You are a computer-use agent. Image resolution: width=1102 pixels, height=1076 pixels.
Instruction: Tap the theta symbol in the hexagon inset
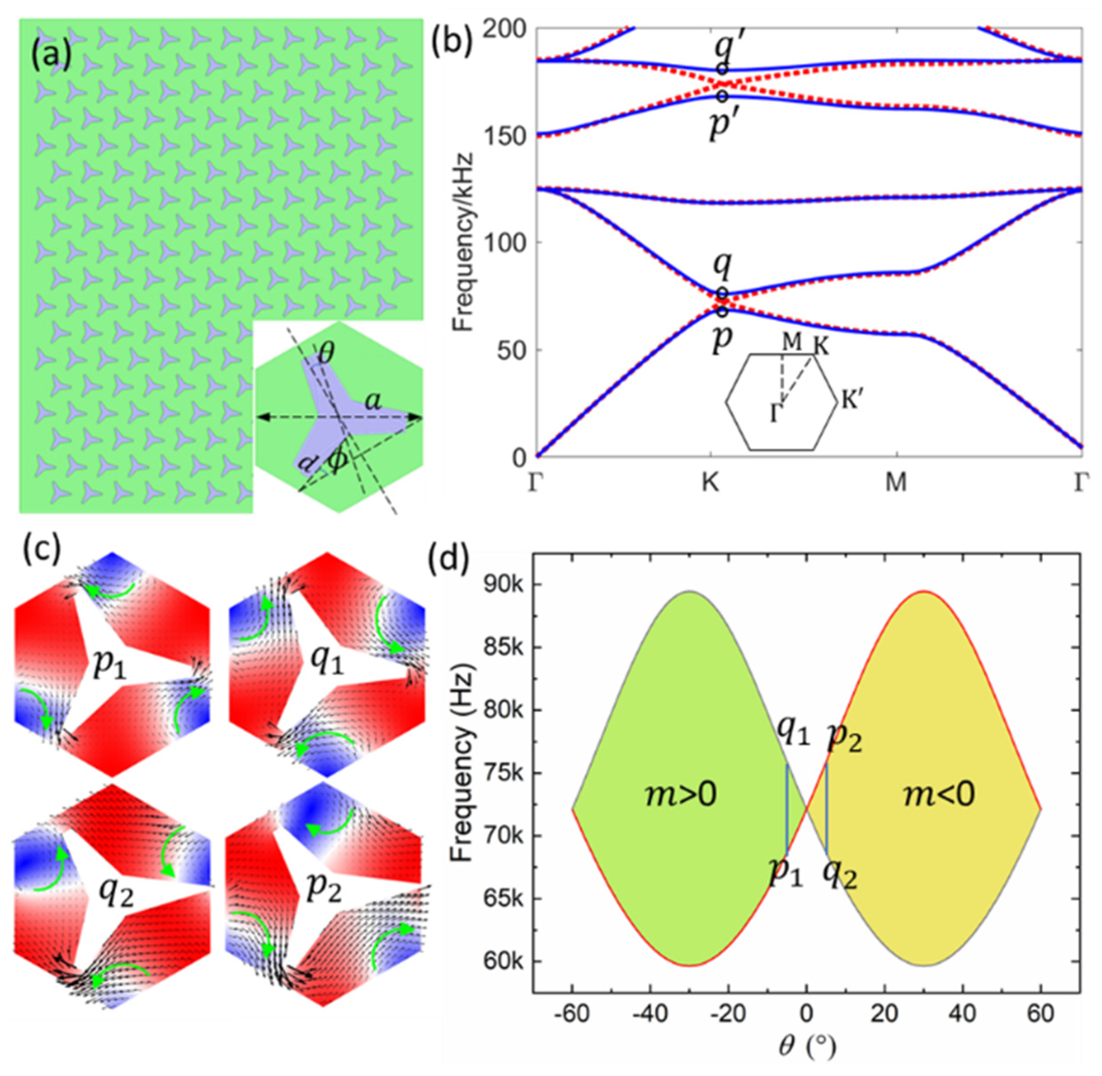point(326,354)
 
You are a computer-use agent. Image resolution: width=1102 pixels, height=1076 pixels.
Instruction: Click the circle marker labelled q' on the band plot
point(722,68)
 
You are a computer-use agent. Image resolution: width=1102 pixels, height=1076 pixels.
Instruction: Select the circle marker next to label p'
point(722,96)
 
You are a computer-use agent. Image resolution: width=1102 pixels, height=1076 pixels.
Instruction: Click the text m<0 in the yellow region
point(939,795)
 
